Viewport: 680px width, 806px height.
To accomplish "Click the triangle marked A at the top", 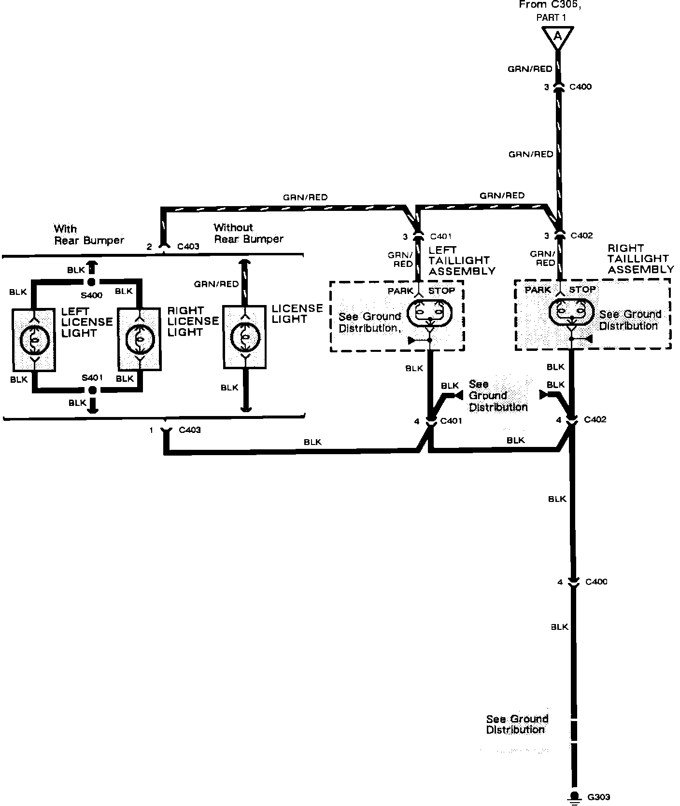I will tap(558, 37).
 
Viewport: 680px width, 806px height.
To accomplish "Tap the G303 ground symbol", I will tap(574, 797).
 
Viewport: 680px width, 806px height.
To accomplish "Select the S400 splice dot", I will tap(91, 282).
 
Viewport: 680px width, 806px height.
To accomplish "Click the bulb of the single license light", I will tap(245, 336).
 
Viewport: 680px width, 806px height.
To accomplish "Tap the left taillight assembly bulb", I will tap(430, 313).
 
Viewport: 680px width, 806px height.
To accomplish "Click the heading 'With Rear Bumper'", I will tap(88, 234).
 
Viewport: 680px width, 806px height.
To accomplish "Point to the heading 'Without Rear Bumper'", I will tap(248, 233).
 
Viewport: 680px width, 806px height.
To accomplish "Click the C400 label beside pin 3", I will tap(581, 87).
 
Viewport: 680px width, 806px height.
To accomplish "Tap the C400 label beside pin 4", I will tap(596, 582).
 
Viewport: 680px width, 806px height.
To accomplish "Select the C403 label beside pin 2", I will tap(188, 247).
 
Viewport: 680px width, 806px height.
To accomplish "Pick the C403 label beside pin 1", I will tap(189, 430).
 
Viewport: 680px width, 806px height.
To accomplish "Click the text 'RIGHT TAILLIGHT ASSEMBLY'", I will tap(640, 259).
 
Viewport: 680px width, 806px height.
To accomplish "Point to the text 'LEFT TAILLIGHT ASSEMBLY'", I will tap(461, 261).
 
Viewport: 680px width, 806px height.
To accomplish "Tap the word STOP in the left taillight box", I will tap(441, 291).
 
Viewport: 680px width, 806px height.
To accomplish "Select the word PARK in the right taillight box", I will tap(538, 290).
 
